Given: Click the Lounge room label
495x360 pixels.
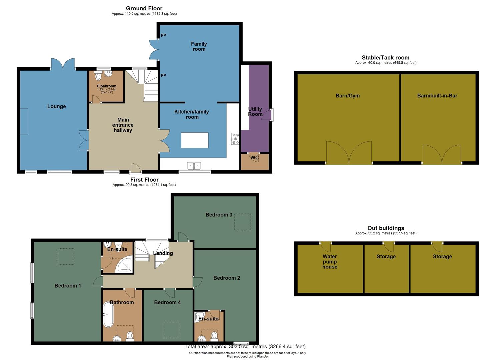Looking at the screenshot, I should click(56, 106).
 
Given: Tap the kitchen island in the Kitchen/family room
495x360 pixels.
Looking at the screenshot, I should click(195, 140).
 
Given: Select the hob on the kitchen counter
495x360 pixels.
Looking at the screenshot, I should click(235, 139).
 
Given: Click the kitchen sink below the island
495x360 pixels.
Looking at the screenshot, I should click(194, 166).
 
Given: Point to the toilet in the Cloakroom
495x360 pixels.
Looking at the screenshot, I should click(98, 77).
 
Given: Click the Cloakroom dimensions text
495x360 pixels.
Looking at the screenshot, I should click(107, 91).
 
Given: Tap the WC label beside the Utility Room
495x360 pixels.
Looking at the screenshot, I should click(254, 158).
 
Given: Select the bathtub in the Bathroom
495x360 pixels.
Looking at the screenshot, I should click(108, 314).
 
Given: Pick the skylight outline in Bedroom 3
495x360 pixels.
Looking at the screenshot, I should click(242, 222).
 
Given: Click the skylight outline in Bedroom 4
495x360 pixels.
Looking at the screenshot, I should click(171, 330).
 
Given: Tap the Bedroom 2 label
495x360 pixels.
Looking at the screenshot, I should click(227, 278).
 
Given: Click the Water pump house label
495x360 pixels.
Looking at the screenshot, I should click(330, 261).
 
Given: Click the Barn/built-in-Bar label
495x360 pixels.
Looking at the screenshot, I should click(437, 96).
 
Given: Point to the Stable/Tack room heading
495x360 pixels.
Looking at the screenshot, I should click(385, 57).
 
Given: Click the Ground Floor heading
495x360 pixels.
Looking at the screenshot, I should click(144, 8).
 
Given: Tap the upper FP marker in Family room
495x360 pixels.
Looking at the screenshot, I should click(163, 35).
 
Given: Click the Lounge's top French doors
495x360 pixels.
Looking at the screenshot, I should click(63, 64).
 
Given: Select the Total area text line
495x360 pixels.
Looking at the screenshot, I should click(245, 346).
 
